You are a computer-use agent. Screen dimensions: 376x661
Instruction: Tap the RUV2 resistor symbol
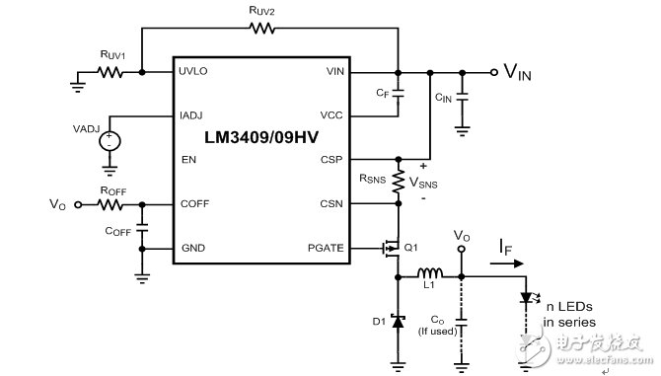pyautogui.click(x=262, y=29)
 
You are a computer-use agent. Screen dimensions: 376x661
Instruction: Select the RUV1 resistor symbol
pyautogui.click(x=111, y=72)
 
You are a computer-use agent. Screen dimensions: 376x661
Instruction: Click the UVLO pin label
pyautogui.click(x=194, y=72)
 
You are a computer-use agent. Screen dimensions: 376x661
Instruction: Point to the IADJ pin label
pyautogui.click(x=192, y=115)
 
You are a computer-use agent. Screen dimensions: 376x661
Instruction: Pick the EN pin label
pyautogui.click(x=187, y=159)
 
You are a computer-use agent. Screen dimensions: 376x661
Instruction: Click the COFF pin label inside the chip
pyautogui.click(x=193, y=204)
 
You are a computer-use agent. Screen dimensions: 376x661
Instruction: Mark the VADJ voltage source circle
pyautogui.click(x=110, y=141)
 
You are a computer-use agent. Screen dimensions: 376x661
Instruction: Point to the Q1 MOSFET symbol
pyautogui.click(x=392, y=248)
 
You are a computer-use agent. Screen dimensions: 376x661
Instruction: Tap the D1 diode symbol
pyautogui.click(x=399, y=320)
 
